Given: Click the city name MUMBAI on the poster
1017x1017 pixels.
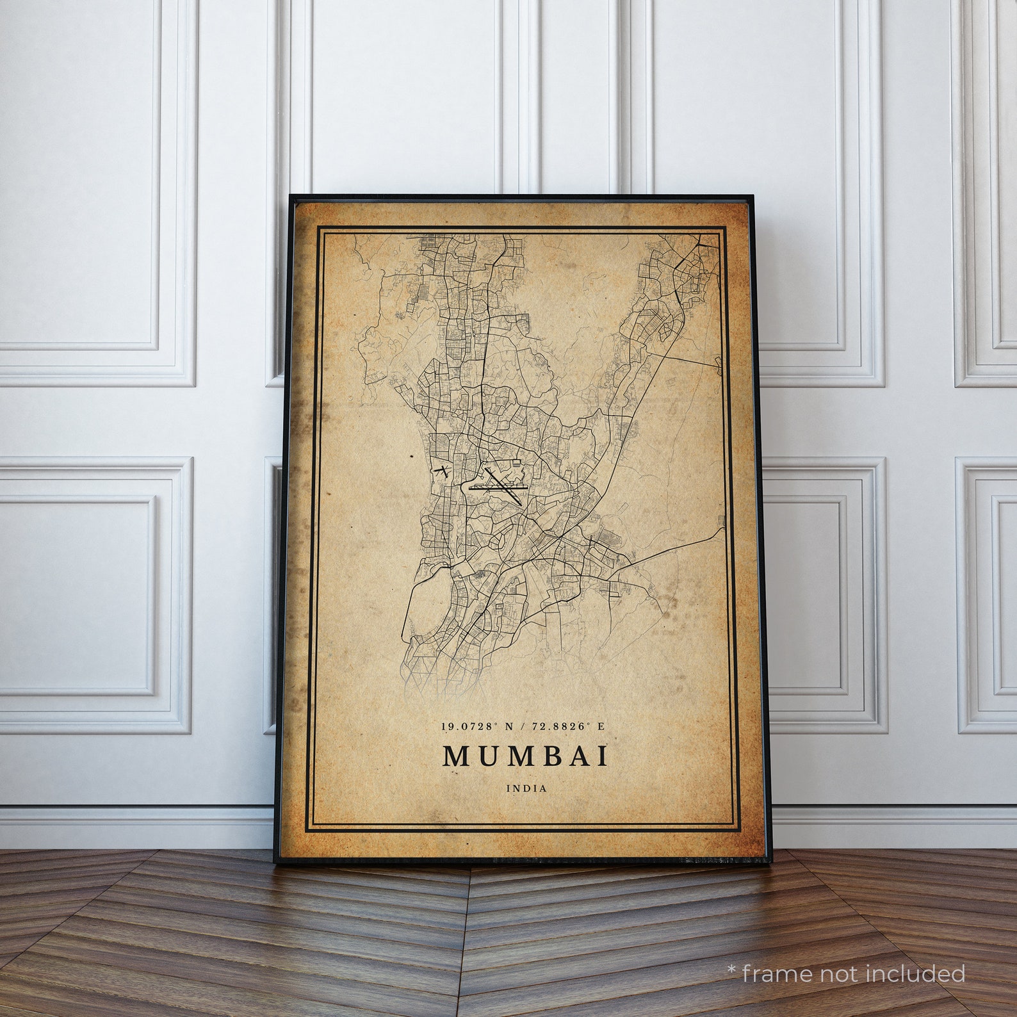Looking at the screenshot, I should pyautogui.click(x=525, y=756).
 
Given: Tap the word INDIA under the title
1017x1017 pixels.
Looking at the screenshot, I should pyautogui.click(x=527, y=788).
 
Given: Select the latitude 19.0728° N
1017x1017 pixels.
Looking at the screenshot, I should pyautogui.click(x=478, y=727).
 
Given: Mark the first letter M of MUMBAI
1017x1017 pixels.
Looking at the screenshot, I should pyautogui.click(x=457, y=756).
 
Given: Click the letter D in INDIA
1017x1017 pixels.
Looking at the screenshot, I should pyautogui.click(x=527, y=788).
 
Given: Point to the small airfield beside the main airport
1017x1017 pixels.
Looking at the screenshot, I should pyautogui.click(x=440, y=472).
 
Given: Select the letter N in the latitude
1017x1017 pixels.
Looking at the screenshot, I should pyautogui.click(x=510, y=727).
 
